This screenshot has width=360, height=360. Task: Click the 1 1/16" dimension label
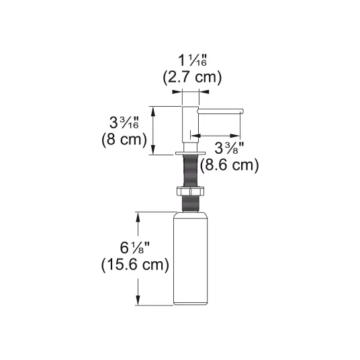point(192,60)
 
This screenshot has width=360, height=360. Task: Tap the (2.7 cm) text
point(192,77)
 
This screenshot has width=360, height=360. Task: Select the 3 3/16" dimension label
point(124,123)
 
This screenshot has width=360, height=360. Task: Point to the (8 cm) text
point(124,139)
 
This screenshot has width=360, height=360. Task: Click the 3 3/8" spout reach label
point(229,148)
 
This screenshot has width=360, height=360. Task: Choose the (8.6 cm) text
point(229,165)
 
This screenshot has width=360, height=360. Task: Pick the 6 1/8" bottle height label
point(135,248)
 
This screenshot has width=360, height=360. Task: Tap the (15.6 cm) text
point(135,265)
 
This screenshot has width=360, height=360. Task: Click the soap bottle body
point(190,259)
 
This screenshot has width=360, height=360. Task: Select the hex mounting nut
point(190,191)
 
